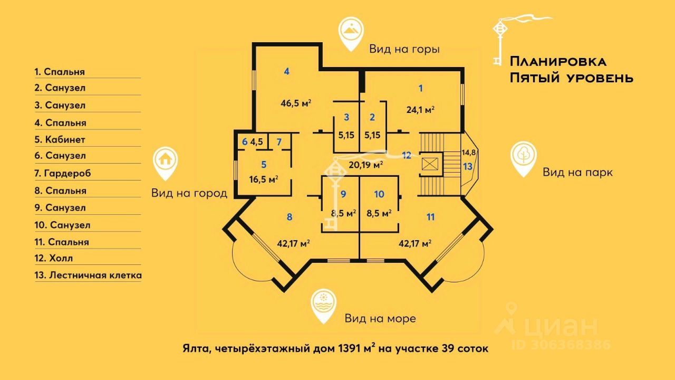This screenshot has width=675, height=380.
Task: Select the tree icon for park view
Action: click(524, 156)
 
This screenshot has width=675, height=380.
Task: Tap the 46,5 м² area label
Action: click(295, 103)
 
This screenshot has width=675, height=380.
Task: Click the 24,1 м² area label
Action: click(420, 110)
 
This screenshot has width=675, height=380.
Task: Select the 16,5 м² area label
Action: click(264, 179)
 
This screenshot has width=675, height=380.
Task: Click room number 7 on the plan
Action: click(279, 141)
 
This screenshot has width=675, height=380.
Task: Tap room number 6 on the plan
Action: click(245, 141)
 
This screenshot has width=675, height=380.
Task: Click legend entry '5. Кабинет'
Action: click(60, 140)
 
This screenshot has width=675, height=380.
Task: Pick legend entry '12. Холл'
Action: click(54, 259)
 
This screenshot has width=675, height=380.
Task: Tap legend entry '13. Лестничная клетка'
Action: click(88, 275)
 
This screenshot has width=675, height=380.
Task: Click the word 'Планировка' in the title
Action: click(558, 61)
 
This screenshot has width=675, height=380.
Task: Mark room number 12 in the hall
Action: click(406, 155)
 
